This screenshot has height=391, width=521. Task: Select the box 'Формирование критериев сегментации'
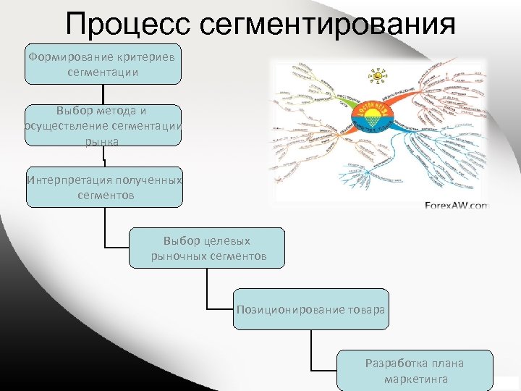coord(103,64)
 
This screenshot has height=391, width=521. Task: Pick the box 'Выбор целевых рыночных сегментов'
coord(207,248)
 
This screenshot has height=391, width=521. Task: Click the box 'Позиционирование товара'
coord(310,309)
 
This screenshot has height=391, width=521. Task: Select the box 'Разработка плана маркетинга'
coord(415,371)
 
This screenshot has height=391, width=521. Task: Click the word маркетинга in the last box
coord(415,379)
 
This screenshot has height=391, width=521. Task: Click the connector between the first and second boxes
coord(103,94)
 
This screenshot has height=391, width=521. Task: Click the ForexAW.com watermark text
coord(457,206)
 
